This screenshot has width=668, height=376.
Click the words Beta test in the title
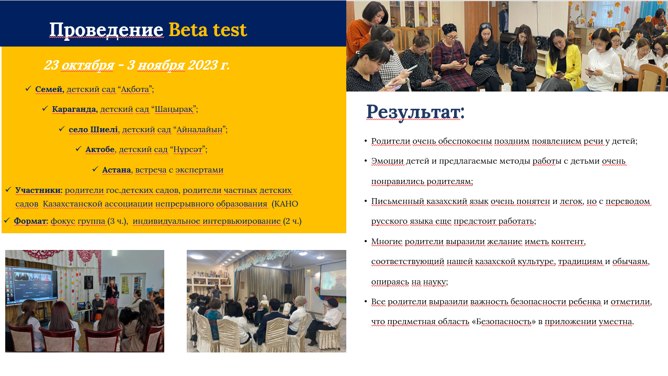tap(208, 30)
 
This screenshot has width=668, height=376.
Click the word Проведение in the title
tap(107, 30)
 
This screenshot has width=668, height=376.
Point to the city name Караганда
tap(75, 109)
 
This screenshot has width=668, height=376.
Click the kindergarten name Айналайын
tap(199, 129)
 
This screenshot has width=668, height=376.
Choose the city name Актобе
tap(100, 150)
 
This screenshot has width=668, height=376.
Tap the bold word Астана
tap(117, 169)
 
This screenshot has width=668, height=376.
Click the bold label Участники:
tap(39, 190)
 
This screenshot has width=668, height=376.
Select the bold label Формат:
tap(31, 221)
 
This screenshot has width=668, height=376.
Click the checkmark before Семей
tap(28, 88)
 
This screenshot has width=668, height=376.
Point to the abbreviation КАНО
tap(286, 204)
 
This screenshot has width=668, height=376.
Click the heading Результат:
tap(415, 112)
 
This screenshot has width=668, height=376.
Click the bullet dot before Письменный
tap(366, 201)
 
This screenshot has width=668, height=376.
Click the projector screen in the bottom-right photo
tap(333, 279)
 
